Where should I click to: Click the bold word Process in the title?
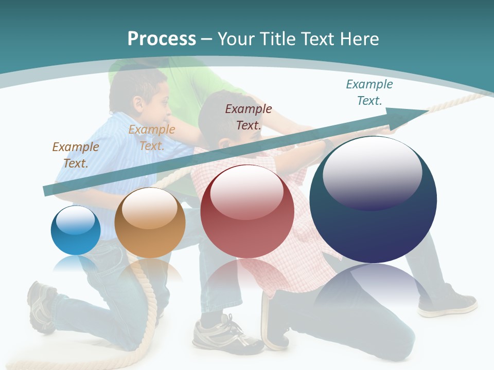pyautogui.click(x=162, y=39)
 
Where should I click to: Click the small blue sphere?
pyautogui.click(x=76, y=230)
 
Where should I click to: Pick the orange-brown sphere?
pyautogui.click(x=150, y=223)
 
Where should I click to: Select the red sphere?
pyautogui.click(x=247, y=211)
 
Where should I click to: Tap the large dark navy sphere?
pyautogui.click(x=373, y=199)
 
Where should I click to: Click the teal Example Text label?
pyautogui.click(x=369, y=92)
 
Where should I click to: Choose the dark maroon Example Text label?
pyautogui.click(x=249, y=117)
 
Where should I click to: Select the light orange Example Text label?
pyautogui.click(x=152, y=137)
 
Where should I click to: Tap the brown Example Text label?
pyautogui.click(x=76, y=155)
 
